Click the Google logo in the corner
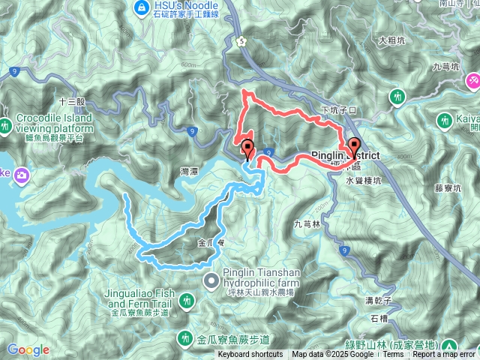pos(28,349)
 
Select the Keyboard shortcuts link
pos(250,355)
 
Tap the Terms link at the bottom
pos(393,355)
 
